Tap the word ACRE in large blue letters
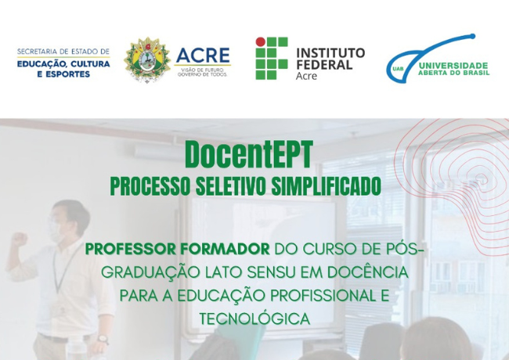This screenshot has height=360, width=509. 203,56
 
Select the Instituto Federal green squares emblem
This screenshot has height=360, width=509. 271,58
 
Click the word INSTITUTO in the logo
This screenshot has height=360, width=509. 330,52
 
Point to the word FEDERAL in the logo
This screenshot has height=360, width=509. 323,65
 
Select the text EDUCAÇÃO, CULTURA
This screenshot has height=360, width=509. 63,64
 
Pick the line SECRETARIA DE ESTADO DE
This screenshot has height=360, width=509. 63,52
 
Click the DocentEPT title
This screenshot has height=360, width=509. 245,155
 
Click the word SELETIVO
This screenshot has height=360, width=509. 237,186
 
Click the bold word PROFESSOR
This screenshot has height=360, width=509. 130,250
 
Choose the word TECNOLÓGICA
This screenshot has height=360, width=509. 254,319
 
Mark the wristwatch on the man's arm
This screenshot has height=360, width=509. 102,339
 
